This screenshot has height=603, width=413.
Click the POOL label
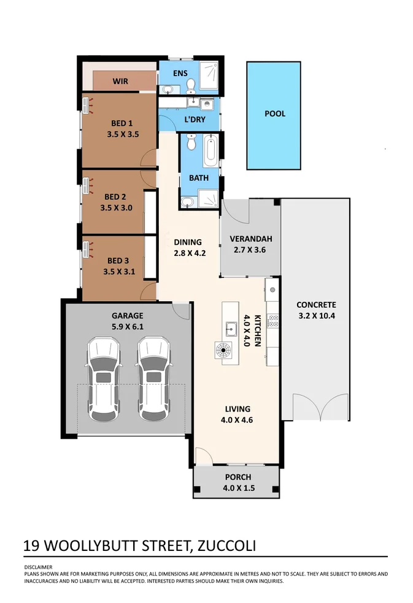coord(274,113)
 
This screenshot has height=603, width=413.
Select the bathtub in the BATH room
coord(210,151)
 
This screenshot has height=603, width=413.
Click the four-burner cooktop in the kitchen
coord(273,320)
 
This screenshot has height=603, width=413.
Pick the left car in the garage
coord(102,380)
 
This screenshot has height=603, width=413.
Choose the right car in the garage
coord(153,380)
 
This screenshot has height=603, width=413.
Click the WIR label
coord(120,81)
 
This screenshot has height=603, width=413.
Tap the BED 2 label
coord(115,197)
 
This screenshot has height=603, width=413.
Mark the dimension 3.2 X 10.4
coord(316,317)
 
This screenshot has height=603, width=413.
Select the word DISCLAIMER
coord(38,567)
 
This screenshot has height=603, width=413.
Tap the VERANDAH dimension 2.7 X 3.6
coord(250,250)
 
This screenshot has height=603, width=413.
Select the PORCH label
coord(237,477)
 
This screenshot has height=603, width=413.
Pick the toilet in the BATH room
coord(190,144)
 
